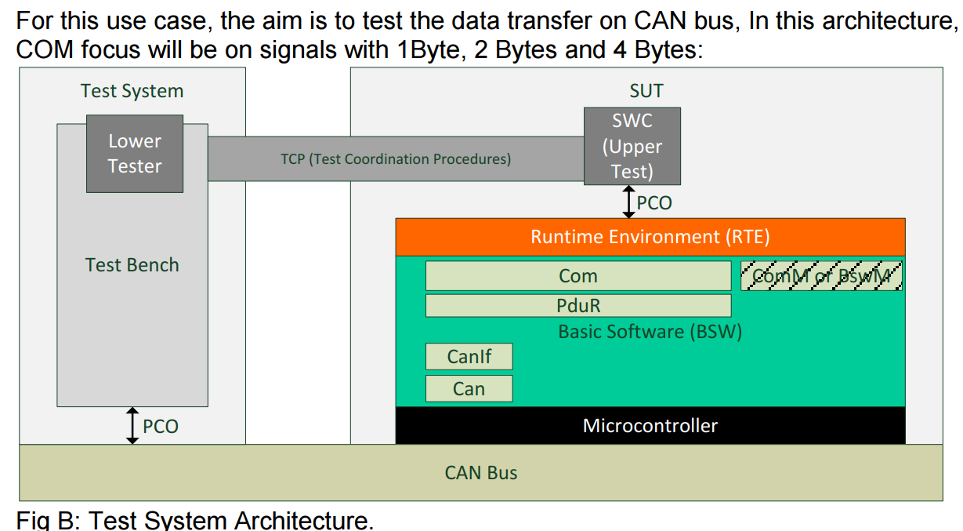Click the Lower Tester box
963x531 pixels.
[135, 154]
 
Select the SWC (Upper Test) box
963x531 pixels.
[632, 147]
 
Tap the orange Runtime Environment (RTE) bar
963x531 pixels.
[650, 237]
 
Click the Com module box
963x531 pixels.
[577, 276]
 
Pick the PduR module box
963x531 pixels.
[577, 305]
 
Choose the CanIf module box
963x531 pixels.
[469, 357]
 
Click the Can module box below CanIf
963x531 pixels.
[469, 389]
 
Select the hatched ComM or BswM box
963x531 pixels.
[821, 276]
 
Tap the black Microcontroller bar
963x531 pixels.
[650, 426]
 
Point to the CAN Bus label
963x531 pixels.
[481, 473]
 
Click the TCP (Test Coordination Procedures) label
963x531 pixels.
[396, 159]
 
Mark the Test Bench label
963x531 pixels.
[132, 265]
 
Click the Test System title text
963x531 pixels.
[132, 91]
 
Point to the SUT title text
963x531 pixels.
[646, 91]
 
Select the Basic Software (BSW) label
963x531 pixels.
[650, 332]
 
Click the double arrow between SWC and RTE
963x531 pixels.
[628, 202]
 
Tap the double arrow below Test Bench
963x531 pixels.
[132, 426]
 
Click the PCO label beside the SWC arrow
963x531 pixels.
[654, 203]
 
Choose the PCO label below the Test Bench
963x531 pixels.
[161, 427]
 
